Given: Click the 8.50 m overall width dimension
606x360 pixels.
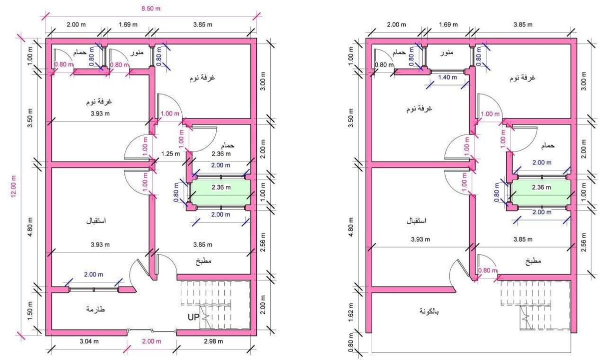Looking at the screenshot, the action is point(151,8).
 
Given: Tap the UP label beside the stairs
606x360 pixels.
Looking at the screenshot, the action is point(193,317).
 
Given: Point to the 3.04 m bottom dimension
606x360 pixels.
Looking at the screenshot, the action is point(89,341).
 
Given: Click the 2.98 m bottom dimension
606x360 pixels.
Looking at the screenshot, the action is point(213,341).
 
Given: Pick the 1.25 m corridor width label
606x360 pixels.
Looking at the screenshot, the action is point(170,154).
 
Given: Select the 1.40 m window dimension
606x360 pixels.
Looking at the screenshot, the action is point(448,77).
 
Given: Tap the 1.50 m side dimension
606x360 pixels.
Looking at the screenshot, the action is point(30,310).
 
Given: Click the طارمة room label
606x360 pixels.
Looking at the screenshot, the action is point(95,309).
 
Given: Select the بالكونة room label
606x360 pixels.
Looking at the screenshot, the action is point(429,311).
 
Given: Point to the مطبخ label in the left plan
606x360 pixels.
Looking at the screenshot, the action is point(203,261).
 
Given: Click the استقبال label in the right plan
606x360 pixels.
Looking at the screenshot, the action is point(416,221).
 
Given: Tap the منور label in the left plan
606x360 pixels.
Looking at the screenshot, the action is point(137,52).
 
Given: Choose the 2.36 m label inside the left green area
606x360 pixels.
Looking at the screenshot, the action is point(221,187).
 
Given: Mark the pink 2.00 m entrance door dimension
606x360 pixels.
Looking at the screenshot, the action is point(151,341).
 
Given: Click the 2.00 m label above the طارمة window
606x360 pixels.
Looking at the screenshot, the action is point(93,274).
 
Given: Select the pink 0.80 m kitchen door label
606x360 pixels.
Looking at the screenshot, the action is point(488,270).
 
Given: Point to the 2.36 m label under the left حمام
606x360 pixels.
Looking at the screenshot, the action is point(221,154).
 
